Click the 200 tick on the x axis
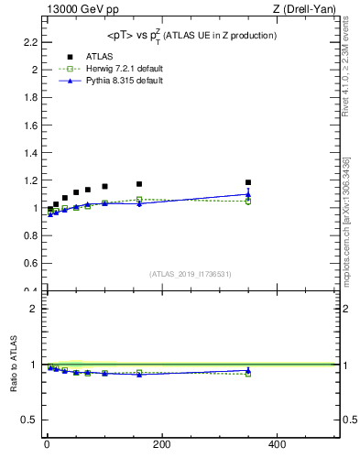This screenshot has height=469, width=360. pyautogui.click(x=161, y=444)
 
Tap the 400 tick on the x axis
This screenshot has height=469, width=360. pyautogui.click(x=277, y=444)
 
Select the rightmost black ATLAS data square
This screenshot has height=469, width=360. pyautogui.click(x=248, y=182)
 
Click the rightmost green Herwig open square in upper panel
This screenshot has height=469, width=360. pyautogui.click(x=248, y=202)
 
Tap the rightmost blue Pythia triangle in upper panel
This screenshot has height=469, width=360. pyautogui.click(x=248, y=193)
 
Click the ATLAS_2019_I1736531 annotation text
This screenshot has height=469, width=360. pyautogui.click(x=191, y=274)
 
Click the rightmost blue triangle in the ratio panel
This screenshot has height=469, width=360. pyautogui.click(x=248, y=370)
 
